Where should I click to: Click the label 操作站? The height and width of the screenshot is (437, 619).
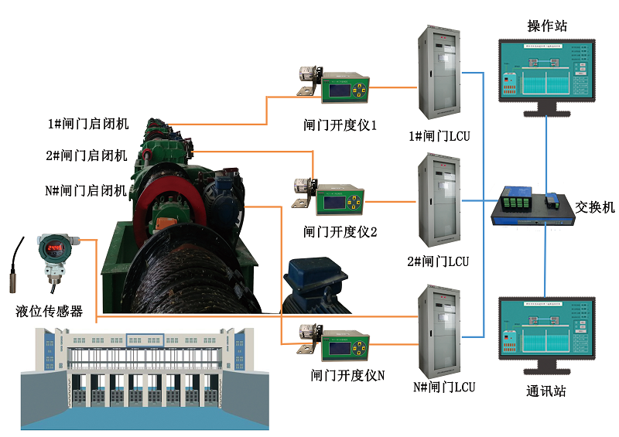coord(547,26)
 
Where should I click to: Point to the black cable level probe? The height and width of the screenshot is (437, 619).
coord(16,268)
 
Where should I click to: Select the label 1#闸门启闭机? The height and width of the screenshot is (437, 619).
coord(87,124)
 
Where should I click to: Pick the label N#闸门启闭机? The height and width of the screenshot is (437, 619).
coord(87,189)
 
